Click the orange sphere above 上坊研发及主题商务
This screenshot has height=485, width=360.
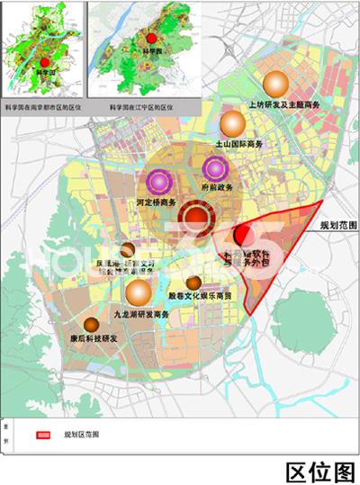pos(275,84)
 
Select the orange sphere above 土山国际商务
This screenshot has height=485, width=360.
pos(233,124)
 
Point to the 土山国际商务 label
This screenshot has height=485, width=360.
pos(238,144)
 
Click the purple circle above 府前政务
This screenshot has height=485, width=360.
pos(214,167)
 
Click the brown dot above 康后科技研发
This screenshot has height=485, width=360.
pos(90,325)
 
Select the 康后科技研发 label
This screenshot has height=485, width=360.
pos(93,340)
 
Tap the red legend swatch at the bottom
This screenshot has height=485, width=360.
pos(42,435)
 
